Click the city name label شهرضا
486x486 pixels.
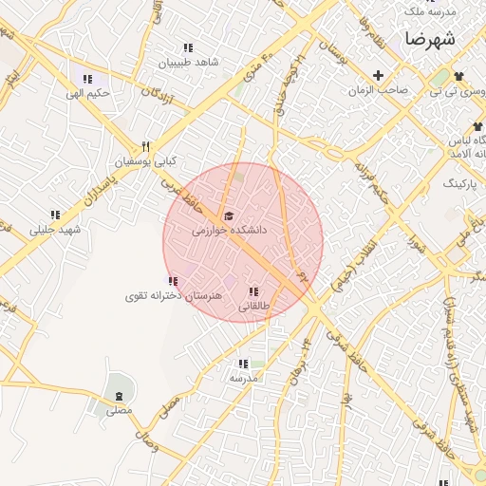[x=429, y=39]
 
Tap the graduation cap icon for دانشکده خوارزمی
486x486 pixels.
[x=228, y=216]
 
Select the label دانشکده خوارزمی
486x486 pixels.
[x=230, y=230]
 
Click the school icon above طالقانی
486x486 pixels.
[x=252, y=292]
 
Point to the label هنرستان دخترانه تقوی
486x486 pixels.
[x=174, y=296]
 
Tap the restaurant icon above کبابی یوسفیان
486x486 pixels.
[x=145, y=147]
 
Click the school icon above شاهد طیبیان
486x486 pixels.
[x=188, y=48]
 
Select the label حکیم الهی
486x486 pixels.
[x=88, y=93]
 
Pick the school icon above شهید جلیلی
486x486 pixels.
[x=55, y=215]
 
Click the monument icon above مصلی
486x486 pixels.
[x=119, y=396]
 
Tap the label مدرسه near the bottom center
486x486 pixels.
[x=244, y=378]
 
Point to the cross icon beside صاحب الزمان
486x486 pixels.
[x=378, y=75]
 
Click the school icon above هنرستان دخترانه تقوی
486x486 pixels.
[x=173, y=281]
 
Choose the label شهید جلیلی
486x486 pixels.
[x=56, y=230]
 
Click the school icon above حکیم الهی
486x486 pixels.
[x=87, y=80]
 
